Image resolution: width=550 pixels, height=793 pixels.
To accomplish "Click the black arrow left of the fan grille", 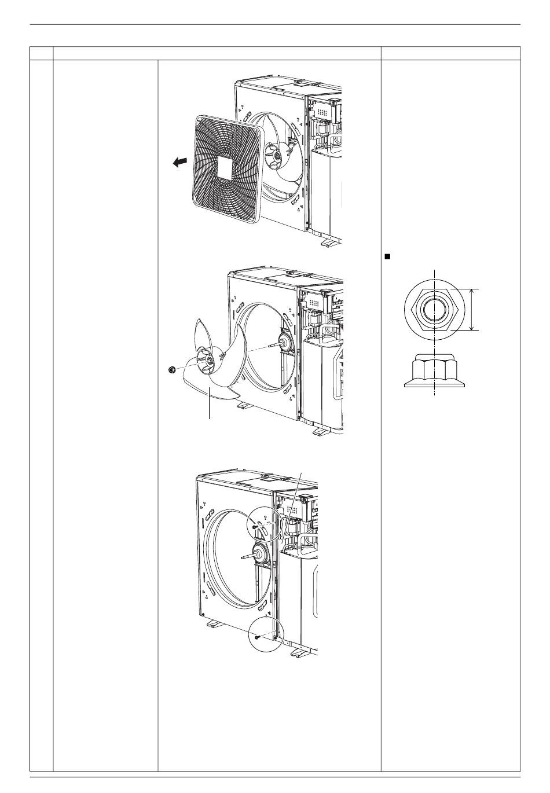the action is click(x=179, y=164).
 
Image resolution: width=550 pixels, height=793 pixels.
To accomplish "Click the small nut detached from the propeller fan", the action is click(x=171, y=370).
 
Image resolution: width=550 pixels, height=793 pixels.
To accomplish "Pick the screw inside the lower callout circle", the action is click(x=256, y=636).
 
